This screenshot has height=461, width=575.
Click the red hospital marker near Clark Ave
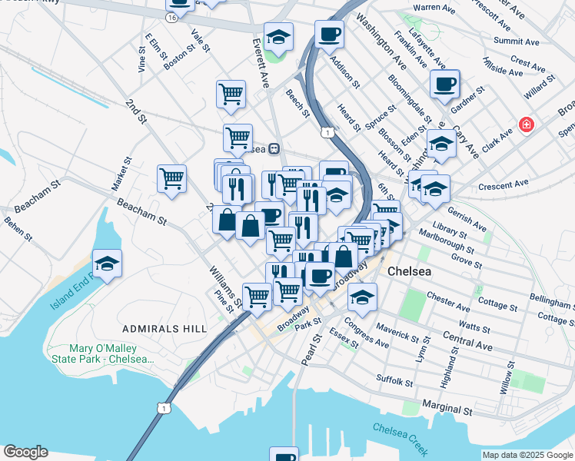[526, 124]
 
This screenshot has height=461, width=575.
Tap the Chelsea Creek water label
[400, 439]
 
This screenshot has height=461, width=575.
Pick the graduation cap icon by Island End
[108, 264]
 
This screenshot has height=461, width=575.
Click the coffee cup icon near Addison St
[329, 35]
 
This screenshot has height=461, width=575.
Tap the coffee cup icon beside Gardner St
[444, 84]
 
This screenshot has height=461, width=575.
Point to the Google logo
[25, 452]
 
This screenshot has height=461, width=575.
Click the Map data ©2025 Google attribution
[527, 455]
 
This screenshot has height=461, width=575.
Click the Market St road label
[121, 173]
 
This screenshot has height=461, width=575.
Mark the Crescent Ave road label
[504, 184]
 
